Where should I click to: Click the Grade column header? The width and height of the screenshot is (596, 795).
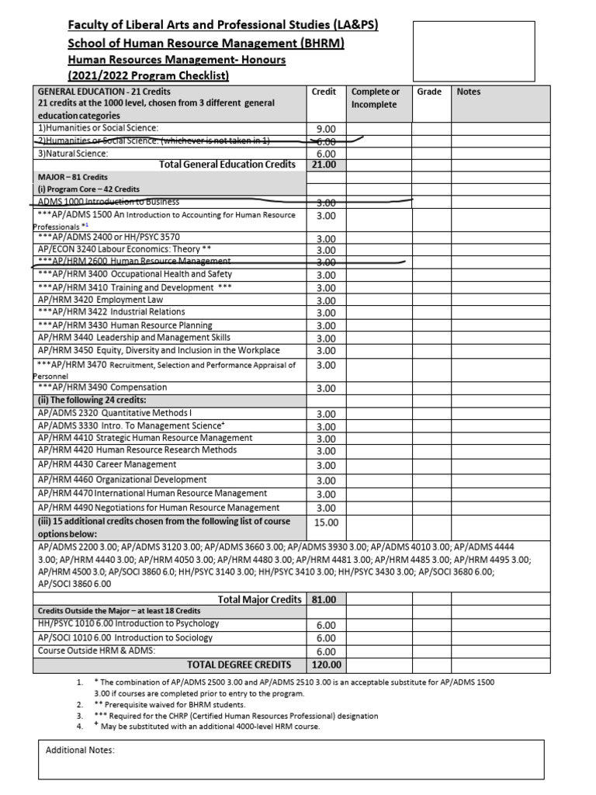[429, 92]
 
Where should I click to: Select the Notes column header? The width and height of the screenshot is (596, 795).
[469, 92]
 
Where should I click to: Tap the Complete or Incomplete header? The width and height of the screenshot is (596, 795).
[376, 98]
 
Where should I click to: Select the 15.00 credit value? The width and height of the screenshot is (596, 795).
[326, 522]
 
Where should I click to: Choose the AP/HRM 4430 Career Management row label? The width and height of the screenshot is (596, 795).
[106, 464]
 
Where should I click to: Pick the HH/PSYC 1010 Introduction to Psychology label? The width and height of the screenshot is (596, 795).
[128, 623]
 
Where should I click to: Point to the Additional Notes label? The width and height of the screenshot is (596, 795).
[80, 751]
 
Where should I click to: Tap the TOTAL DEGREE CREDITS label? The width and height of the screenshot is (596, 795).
[239, 665]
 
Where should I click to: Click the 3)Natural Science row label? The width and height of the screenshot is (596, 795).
[73, 154]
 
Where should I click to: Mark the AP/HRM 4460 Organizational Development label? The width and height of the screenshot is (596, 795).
[122, 480]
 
